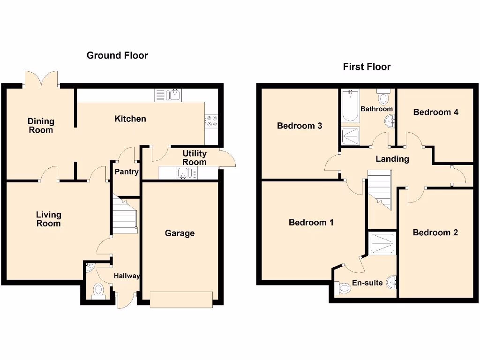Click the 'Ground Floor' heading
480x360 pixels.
click(117, 56)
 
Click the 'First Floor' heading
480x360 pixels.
click(367, 67)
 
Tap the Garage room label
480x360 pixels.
click(180, 233)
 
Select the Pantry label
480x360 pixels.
click(127, 172)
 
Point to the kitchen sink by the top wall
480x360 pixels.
click(168, 95)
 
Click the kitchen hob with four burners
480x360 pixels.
click(211, 121)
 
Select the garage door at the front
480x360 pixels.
click(181, 300)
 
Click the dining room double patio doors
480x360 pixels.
click(41, 80)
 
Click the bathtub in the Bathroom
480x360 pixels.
click(350, 107)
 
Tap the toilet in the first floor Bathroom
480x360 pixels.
click(383, 97)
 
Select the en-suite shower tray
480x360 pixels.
click(382, 243)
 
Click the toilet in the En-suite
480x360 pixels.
click(342, 288)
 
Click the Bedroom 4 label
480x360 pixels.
click(435, 112)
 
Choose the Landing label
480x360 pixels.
click(392, 159)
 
